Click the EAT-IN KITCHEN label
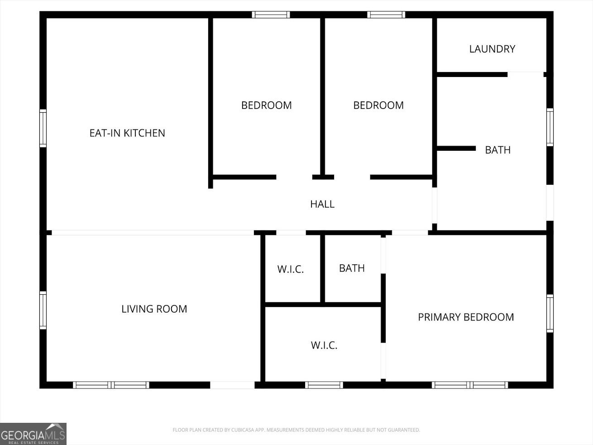point(127,133)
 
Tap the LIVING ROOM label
point(154,309)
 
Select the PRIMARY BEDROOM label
point(466,317)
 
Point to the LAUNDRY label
point(492,49)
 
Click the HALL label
point(322,204)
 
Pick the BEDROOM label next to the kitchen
point(266,105)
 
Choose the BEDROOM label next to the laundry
point(378,105)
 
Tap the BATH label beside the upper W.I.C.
point(352,268)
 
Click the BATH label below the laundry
point(497,150)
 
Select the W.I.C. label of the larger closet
point(324,345)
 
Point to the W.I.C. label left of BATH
point(291,269)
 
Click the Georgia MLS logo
point(33,434)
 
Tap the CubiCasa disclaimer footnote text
point(296,430)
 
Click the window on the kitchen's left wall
point(43,129)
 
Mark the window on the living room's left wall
point(43,310)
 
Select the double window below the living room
point(111,385)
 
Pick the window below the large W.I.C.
point(324,385)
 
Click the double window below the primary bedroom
point(470,385)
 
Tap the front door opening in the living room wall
point(232,385)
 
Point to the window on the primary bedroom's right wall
point(550,313)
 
